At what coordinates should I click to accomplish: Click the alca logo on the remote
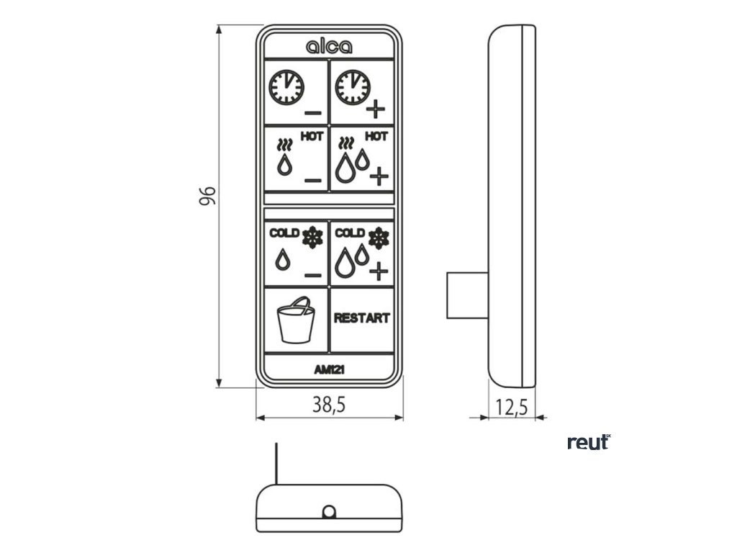(x=329, y=47)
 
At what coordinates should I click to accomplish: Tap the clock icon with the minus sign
(x=286, y=88)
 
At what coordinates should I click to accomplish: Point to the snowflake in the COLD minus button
(x=312, y=237)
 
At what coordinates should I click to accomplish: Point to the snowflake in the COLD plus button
(x=379, y=238)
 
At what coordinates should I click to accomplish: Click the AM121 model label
(x=329, y=369)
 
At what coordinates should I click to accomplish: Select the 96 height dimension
(x=207, y=196)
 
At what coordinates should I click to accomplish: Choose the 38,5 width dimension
(x=329, y=405)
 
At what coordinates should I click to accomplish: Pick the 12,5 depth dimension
(x=512, y=408)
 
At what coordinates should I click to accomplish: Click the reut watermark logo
(x=588, y=442)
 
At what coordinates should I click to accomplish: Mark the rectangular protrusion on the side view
(x=467, y=295)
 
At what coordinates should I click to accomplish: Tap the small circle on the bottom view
(x=329, y=512)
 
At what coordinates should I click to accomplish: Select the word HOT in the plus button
(x=376, y=136)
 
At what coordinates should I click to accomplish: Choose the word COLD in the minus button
(x=284, y=233)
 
